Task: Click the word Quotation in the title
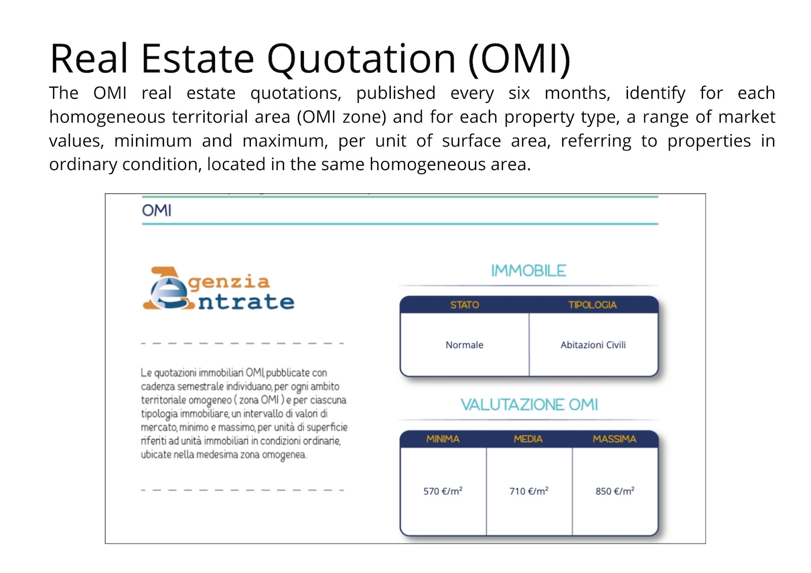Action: pyautogui.click(x=361, y=59)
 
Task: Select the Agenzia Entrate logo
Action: pyautogui.click(x=218, y=289)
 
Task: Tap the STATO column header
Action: pyautogui.click(x=464, y=305)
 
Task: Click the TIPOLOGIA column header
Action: pyautogui.click(x=593, y=305)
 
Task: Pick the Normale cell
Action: pyautogui.click(x=464, y=345)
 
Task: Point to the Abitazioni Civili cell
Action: pyautogui.click(x=593, y=345)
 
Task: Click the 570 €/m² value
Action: pyautogui.click(x=443, y=491)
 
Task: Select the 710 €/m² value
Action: pyautogui.click(x=529, y=491)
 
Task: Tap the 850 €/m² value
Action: pyautogui.click(x=615, y=491)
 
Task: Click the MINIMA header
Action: pyautogui.click(x=443, y=439)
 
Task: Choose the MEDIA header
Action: pyautogui.click(x=528, y=439)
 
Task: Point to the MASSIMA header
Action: pyautogui.click(x=614, y=439)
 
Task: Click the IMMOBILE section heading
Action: pyautogui.click(x=529, y=271)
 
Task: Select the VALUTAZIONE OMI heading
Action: pyautogui.click(x=529, y=405)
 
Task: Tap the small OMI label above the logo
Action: pyautogui.click(x=157, y=210)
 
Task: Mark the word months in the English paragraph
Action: pyautogui.click(x=577, y=93)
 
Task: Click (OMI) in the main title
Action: pyautogui.click(x=520, y=59)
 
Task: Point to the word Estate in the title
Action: pyautogui.click(x=198, y=59)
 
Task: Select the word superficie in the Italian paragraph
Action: pyautogui.click(x=327, y=428)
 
